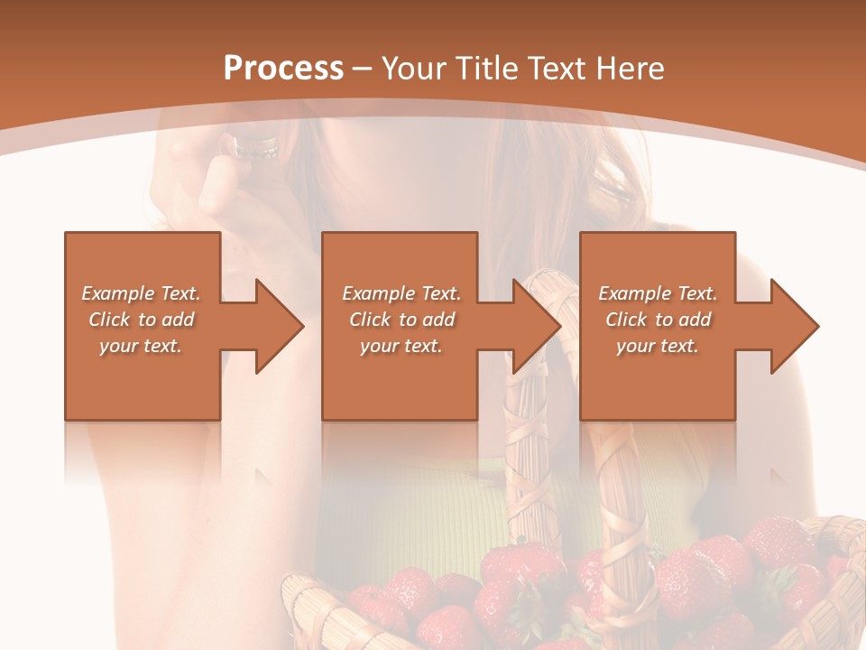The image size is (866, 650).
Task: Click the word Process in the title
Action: pyautogui.click(x=283, y=68)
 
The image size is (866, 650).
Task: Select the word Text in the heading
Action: pyautogui.click(x=557, y=68)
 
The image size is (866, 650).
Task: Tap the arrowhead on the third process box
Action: pyautogui.click(x=790, y=326)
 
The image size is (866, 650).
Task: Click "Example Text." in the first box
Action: pyautogui.click(x=141, y=293)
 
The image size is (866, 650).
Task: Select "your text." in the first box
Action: pyautogui.click(x=141, y=346)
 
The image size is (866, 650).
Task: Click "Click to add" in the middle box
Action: pyautogui.click(x=401, y=320)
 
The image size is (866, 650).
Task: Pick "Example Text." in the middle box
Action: pyautogui.click(x=401, y=293)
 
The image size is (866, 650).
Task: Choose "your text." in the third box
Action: pyautogui.click(x=658, y=346)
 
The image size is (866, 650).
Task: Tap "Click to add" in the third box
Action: pyautogui.click(x=658, y=320)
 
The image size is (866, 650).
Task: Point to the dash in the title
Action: pyautogui.click(x=362, y=69)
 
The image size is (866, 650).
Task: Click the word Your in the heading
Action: pyautogui.click(x=412, y=68)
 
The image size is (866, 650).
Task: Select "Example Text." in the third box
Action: pyautogui.click(x=658, y=293)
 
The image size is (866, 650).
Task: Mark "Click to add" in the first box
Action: pyautogui.click(x=141, y=320)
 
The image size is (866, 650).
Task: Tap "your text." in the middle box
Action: pyautogui.click(x=401, y=346)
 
